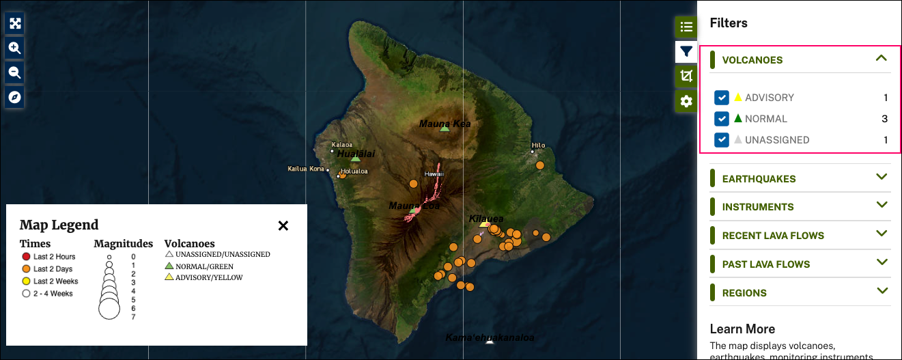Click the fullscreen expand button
click(15, 23)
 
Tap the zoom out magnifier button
click(15, 72)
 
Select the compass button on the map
click(15, 97)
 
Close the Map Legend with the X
click(283, 225)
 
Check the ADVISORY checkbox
click(722, 98)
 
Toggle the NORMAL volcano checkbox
click(722, 119)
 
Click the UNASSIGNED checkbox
click(722, 140)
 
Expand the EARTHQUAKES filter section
click(759, 179)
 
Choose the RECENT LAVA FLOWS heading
click(773, 236)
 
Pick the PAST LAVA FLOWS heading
click(766, 264)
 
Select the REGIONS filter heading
click(744, 293)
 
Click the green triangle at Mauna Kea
click(445, 128)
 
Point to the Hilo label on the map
click(538, 145)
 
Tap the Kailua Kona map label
click(306, 168)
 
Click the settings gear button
click(686, 101)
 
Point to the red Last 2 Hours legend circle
click(26, 257)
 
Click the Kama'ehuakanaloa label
click(489, 337)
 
